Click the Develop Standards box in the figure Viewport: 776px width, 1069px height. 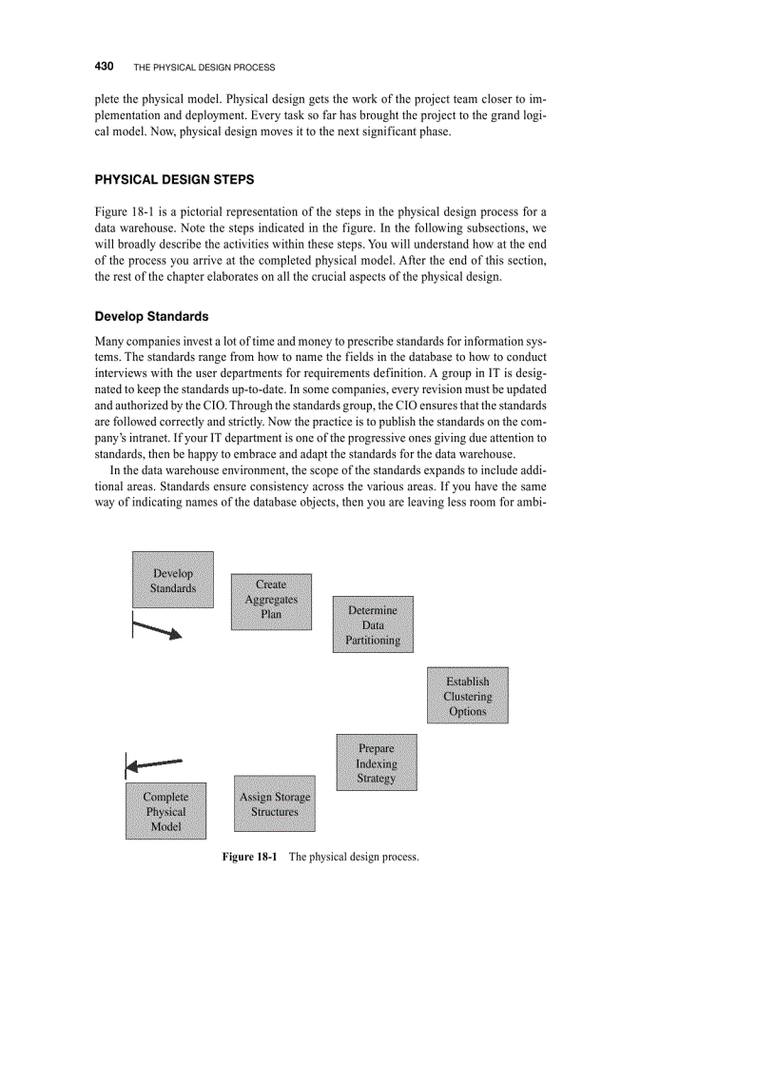pyautogui.click(x=172, y=580)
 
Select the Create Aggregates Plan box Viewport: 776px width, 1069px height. pyautogui.click(x=271, y=601)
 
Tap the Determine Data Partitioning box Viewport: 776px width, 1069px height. pyautogui.click(x=373, y=624)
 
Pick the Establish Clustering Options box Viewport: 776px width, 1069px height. pyautogui.click(x=467, y=695)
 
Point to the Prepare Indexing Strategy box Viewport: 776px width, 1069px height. pyautogui.click(x=377, y=762)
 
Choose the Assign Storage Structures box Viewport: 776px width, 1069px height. pyautogui.click(x=275, y=803)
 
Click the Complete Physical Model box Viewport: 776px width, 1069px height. pyautogui.click(x=165, y=811)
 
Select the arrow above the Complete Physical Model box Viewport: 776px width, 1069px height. pyautogui.click(x=153, y=763)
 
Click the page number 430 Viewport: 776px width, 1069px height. pyautogui.click(x=105, y=67)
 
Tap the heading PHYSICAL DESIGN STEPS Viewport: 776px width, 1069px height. pyautogui.click(x=174, y=180)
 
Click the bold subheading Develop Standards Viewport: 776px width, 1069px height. pyautogui.click(x=151, y=316)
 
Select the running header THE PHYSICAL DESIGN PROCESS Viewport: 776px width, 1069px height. pyautogui.click(x=204, y=68)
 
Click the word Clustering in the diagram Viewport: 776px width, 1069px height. pyautogui.click(x=467, y=696)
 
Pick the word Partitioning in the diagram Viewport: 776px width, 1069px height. pyautogui.click(x=373, y=641)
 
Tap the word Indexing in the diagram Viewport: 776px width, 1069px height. pyautogui.click(x=377, y=763)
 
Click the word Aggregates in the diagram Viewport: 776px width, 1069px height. pyautogui.click(x=271, y=600)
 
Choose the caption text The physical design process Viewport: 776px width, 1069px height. pyautogui.click(x=354, y=857)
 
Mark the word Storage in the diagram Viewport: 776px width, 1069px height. pyautogui.click(x=292, y=797)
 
